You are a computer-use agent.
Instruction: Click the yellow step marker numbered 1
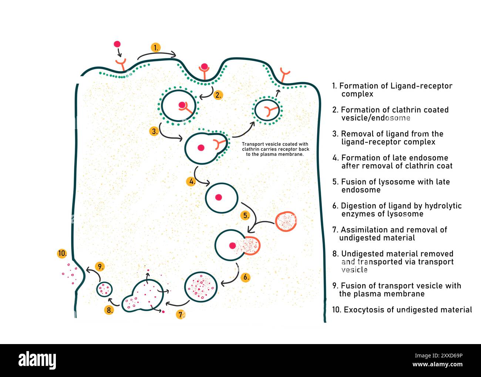pos(156,47)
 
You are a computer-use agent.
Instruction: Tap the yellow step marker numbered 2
pos(218,95)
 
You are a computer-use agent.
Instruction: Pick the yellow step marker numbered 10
pos(62,253)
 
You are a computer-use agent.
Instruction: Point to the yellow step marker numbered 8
pos(109,310)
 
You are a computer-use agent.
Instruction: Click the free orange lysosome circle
pos(286,222)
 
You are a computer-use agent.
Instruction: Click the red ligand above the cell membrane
pos(117,44)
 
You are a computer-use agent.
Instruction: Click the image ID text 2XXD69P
pos(444,356)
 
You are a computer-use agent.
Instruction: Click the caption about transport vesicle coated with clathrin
pos(275,149)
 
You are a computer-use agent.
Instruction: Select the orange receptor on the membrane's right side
pos(285,74)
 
